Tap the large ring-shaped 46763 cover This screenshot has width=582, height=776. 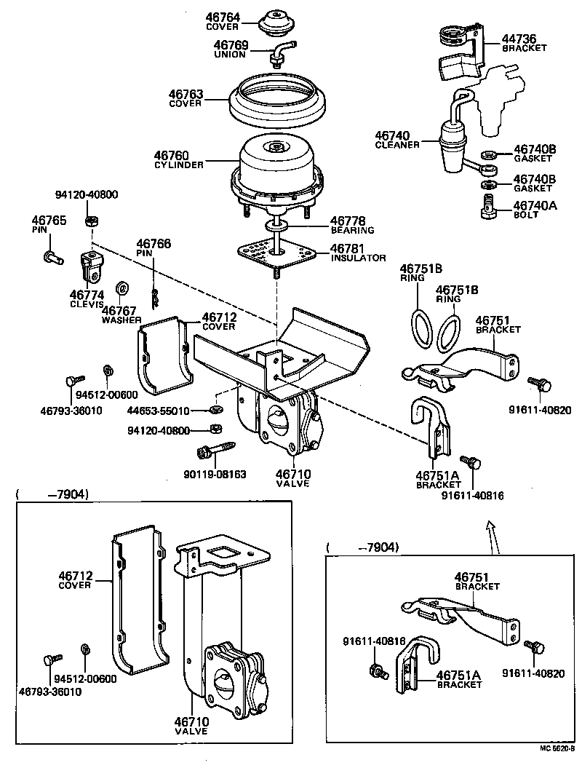[277, 102]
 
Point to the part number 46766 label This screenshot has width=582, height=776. [154, 243]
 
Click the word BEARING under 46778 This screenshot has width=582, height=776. [352, 230]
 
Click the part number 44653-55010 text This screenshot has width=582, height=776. [158, 411]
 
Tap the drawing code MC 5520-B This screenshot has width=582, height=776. [557, 748]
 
